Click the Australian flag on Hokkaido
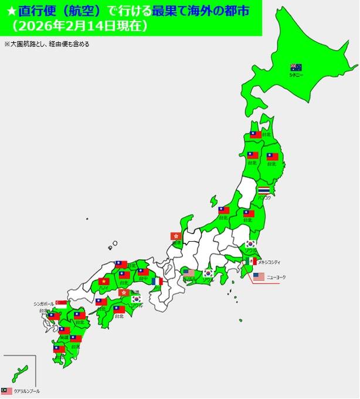tap(296, 67)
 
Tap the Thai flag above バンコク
tap(264, 191)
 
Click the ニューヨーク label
tap(277, 276)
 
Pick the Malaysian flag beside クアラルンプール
tap(6, 390)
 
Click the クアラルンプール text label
tap(26, 391)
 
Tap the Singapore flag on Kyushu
tap(60, 304)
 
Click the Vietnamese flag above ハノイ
tap(104, 281)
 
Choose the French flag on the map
tap(157, 281)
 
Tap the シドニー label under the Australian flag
tap(296, 76)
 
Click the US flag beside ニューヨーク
tap(259, 276)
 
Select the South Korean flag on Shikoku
tap(137, 299)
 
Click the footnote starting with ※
tap(47, 44)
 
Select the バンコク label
tap(264, 198)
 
